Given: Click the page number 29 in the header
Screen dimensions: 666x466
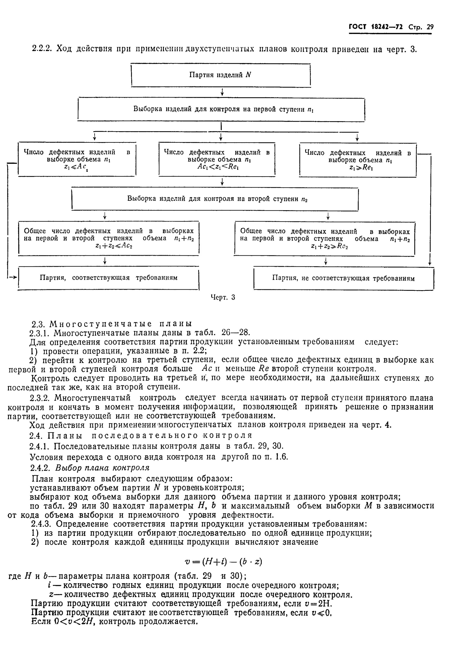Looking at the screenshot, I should click(x=430, y=27).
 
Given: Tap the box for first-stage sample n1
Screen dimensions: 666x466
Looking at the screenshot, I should click(x=221, y=109).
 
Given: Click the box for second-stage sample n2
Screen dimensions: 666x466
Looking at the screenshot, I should click(x=215, y=199).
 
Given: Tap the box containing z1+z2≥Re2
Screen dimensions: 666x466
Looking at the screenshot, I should click(x=325, y=238).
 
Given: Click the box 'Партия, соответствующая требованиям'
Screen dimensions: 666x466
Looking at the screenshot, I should click(x=109, y=278).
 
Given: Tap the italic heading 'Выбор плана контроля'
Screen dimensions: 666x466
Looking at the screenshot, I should click(x=102, y=468).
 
